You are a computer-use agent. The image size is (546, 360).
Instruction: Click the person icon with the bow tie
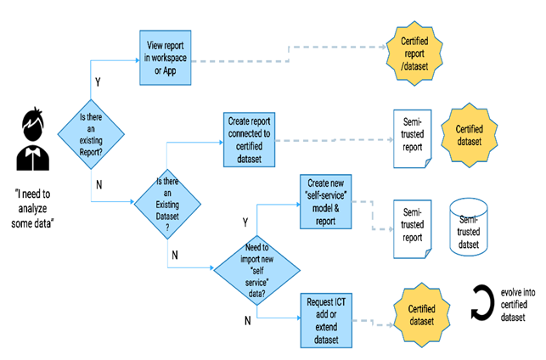[x=33, y=139]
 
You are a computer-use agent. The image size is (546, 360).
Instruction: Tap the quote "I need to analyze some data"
[x=32, y=209]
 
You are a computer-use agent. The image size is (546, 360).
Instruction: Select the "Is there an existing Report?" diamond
[x=91, y=134]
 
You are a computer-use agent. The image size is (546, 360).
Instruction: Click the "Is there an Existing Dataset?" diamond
[x=167, y=204]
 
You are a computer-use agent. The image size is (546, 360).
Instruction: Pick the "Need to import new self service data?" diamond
[x=257, y=270]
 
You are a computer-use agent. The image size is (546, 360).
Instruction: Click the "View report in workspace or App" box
[x=166, y=58]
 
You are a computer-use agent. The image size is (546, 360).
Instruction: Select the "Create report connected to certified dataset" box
[x=250, y=139]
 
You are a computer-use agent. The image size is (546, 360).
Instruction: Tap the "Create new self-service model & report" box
[x=326, y=202]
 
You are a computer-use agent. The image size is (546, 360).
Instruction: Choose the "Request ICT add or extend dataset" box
[x=326, y=320]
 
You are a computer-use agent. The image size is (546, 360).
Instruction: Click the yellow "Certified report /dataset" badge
[x=414, y=53]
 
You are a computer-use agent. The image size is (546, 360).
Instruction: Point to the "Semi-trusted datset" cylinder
[x=469, y=227]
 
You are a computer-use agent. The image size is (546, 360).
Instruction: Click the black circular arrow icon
[x=482, y=302]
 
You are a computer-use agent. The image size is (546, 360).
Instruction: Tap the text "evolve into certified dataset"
[x=517, y=305]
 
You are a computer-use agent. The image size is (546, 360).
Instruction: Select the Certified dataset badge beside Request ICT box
[x=422, y=315]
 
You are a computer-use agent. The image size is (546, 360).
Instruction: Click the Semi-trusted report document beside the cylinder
[x=413, y=229]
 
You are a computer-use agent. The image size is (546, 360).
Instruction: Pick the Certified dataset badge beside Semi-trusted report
[x=470, y=135]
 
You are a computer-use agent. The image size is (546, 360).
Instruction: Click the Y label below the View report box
[x=98, y=82]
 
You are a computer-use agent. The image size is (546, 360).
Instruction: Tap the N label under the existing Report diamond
[x=99, y=184]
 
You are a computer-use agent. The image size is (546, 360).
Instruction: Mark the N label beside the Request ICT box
[x=248, y=320]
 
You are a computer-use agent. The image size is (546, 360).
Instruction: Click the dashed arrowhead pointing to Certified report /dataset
[x=384, y=47]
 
